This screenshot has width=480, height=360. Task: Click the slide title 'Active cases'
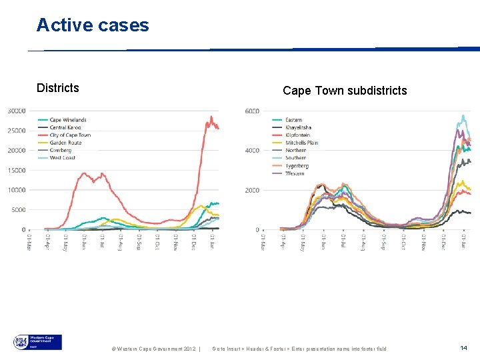point(93,25)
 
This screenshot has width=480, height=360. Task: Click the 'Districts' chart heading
point(57,88)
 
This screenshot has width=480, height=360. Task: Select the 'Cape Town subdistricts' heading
point(344,91)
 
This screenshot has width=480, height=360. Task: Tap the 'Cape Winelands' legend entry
point(67,120)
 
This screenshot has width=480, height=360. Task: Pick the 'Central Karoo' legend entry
point(65,127)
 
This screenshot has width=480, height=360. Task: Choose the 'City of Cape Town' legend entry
point(69,135)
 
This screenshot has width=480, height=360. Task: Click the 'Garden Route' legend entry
point(65,143)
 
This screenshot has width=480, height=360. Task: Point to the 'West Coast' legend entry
point(62,157)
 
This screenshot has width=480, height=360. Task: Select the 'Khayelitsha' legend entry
point(298,127)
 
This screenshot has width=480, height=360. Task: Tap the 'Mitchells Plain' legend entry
point(301,143)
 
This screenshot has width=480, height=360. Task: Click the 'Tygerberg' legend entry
point(297,165)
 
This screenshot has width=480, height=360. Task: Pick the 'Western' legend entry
point(294,173)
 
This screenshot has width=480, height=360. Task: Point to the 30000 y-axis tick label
point(17,111)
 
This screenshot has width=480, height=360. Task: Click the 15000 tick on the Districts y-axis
point(17,170)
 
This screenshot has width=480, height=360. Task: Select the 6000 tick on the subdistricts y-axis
point(252,111)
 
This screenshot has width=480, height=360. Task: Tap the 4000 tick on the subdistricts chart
point(252,151)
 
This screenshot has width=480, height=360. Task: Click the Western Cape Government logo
point(37,343)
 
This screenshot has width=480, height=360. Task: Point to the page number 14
point(464,348)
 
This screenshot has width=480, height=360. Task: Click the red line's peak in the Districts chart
point(211,117)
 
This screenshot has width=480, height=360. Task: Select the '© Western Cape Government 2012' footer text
point(153,349)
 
